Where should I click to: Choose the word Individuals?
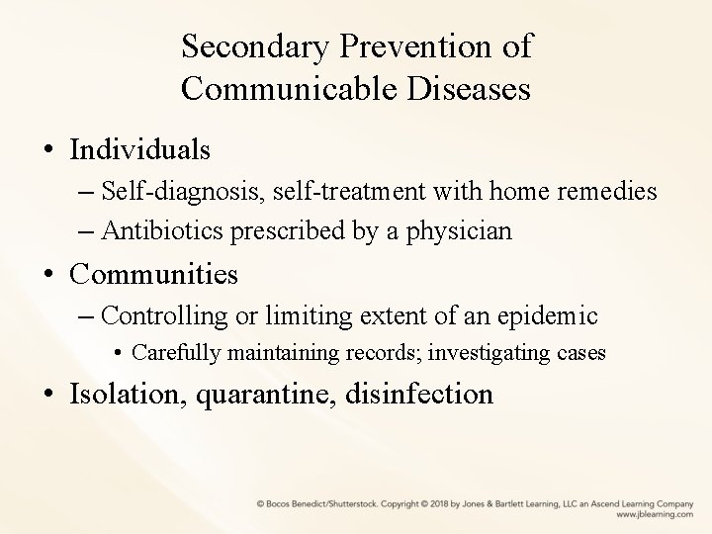click(139, 149)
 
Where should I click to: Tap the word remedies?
click(610, 192)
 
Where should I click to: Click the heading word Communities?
click(153, 274)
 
